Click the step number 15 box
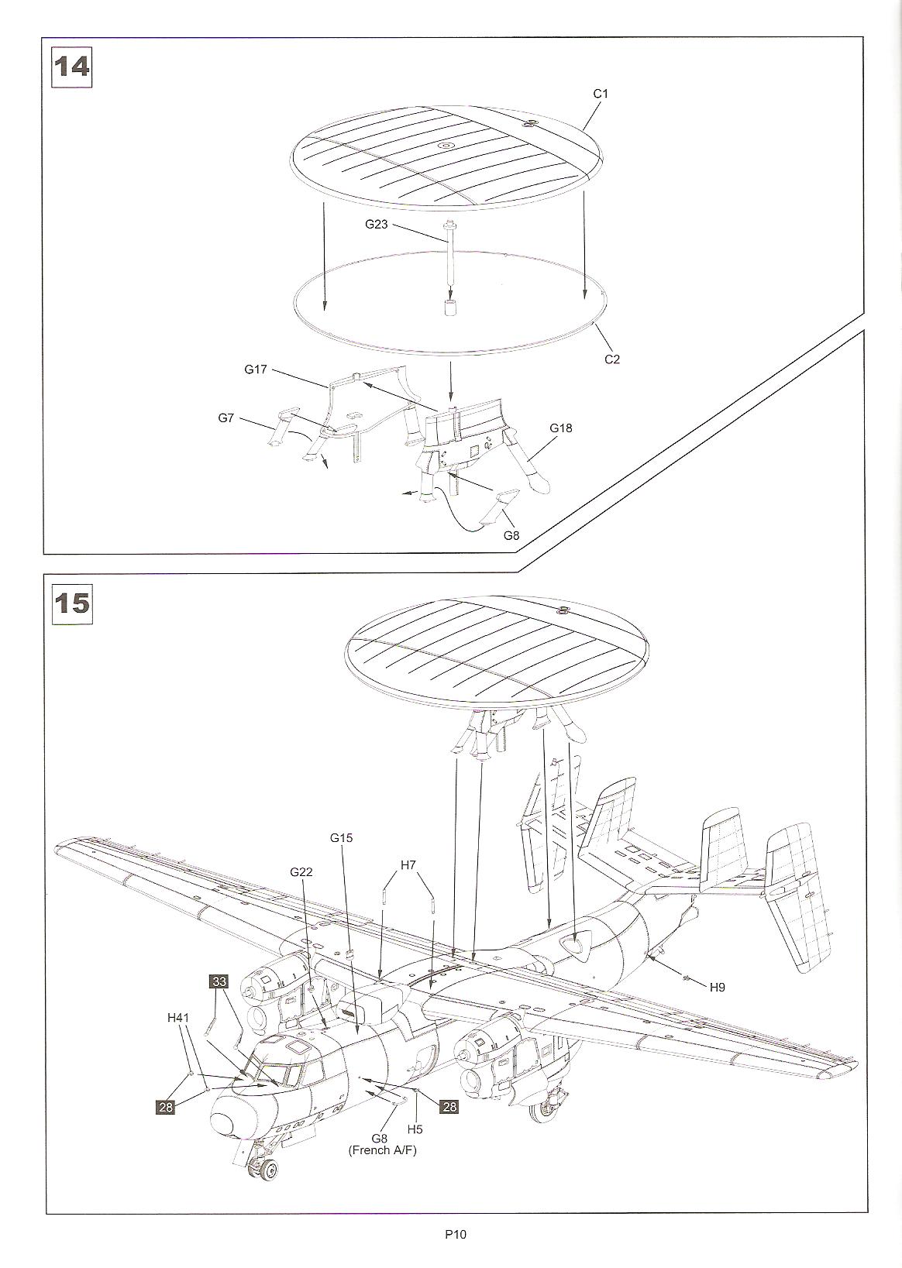tap(71, 603)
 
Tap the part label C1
tap(601, 94)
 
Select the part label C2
tap(612, 359)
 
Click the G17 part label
tap(256, 369)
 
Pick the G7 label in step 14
tap(225, 418)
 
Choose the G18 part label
tap(561, 428)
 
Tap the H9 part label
tap(717, 987)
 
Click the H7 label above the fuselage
tap(408, 864)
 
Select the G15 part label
tap(342, 837)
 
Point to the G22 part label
tap(301, 872)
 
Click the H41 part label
tap(178, 1018)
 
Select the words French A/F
tap(381, 1150)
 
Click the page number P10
tap(455, 1235)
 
